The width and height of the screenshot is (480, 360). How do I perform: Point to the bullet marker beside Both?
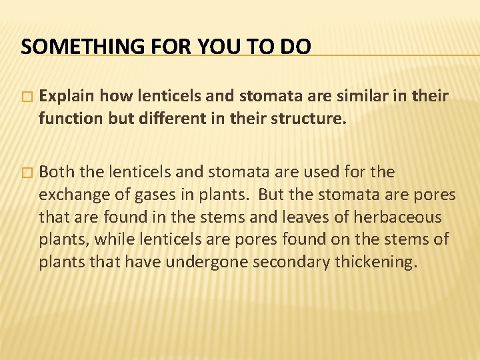coord(26,173)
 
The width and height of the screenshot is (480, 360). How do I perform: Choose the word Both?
coord(57,172)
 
